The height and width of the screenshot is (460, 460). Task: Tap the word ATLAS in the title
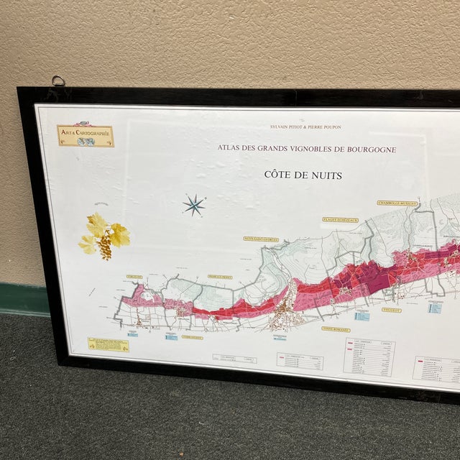[230, 149]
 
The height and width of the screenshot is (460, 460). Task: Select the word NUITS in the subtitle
[326, 175]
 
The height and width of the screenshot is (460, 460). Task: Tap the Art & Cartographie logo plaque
[86, 136]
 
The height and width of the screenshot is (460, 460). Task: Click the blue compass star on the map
[193, 206]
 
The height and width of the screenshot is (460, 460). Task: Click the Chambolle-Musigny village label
[397, 203]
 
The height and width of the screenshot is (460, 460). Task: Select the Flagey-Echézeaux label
[340, 219]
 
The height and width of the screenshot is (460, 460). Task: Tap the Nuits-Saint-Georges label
[261, 239]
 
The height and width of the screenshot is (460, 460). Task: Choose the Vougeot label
[412, 311]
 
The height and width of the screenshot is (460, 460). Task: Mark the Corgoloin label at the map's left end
[134, 276]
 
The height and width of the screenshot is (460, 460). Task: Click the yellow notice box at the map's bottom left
[109, 345]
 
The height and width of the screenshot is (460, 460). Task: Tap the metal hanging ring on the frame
[57, 80]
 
